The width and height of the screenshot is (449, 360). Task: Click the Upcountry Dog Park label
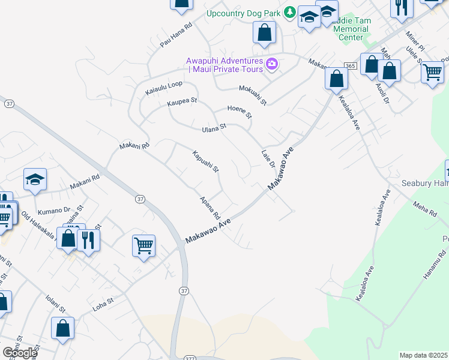[244, 13]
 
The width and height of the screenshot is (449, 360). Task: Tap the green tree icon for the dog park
[290, 12]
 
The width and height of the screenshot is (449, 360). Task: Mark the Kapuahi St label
[206, 161]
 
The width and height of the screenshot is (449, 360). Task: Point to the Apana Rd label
[211, 208]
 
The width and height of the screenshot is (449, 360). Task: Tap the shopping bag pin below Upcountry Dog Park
[264, 32]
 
